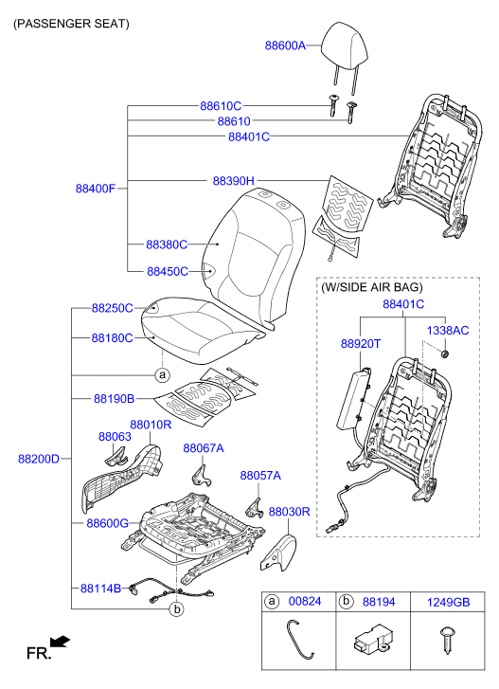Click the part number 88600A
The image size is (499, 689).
point(285,45)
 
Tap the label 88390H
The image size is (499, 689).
point(234,181)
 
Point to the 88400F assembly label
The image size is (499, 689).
point(96,189)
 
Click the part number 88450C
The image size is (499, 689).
point(168,272)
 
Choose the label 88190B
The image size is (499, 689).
point(115,399)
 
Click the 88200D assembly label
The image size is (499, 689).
point(39,459)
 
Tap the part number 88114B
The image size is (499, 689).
point(100,589)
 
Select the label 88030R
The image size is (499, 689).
point(289,512)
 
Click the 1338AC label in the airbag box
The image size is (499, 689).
point(448,331)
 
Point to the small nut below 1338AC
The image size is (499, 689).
point(445,354)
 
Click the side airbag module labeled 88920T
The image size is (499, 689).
point(353,399)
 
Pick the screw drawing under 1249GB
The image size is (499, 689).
point(447,641)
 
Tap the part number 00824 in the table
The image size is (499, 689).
point(305,601)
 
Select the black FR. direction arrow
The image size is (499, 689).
point(60,642)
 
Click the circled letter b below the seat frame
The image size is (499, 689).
point(176,609)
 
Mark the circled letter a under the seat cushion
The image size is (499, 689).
point(162,374)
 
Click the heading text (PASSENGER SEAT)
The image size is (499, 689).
point(71,24)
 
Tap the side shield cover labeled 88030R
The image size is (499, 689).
point(278,553)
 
